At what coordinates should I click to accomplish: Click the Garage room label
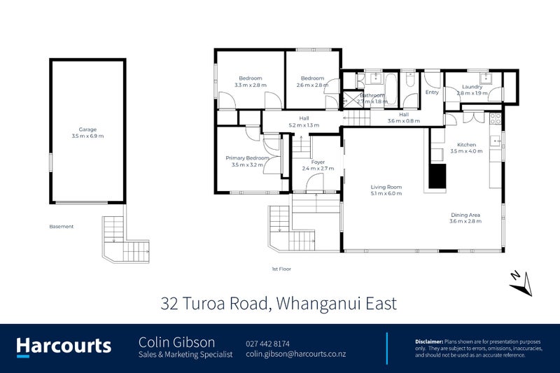[87, 129]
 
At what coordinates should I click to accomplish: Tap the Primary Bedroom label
[248, 158]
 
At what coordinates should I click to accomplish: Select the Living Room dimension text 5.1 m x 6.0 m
[386, 194]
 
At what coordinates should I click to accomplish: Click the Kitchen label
[466, 144]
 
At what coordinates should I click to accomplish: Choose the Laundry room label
[472, 87]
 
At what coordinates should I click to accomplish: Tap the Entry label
[432, 92]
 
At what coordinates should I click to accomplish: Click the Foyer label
[318, 162]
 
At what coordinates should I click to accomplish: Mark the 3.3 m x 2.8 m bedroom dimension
[250, 85]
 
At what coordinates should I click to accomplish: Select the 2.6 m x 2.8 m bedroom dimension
[312, 85]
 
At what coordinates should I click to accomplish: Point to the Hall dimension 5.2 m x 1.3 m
[304, 125]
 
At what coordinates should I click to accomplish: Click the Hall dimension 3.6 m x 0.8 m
[404, 121]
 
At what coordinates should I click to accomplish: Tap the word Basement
[62, 227]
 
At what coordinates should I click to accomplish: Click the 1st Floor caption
[281, 269]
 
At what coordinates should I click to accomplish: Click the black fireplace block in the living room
[437, 176]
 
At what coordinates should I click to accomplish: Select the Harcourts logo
[64, 346]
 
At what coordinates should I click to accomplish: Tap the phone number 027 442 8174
[267, 343]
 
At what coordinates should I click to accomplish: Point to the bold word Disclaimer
[428, 340]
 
